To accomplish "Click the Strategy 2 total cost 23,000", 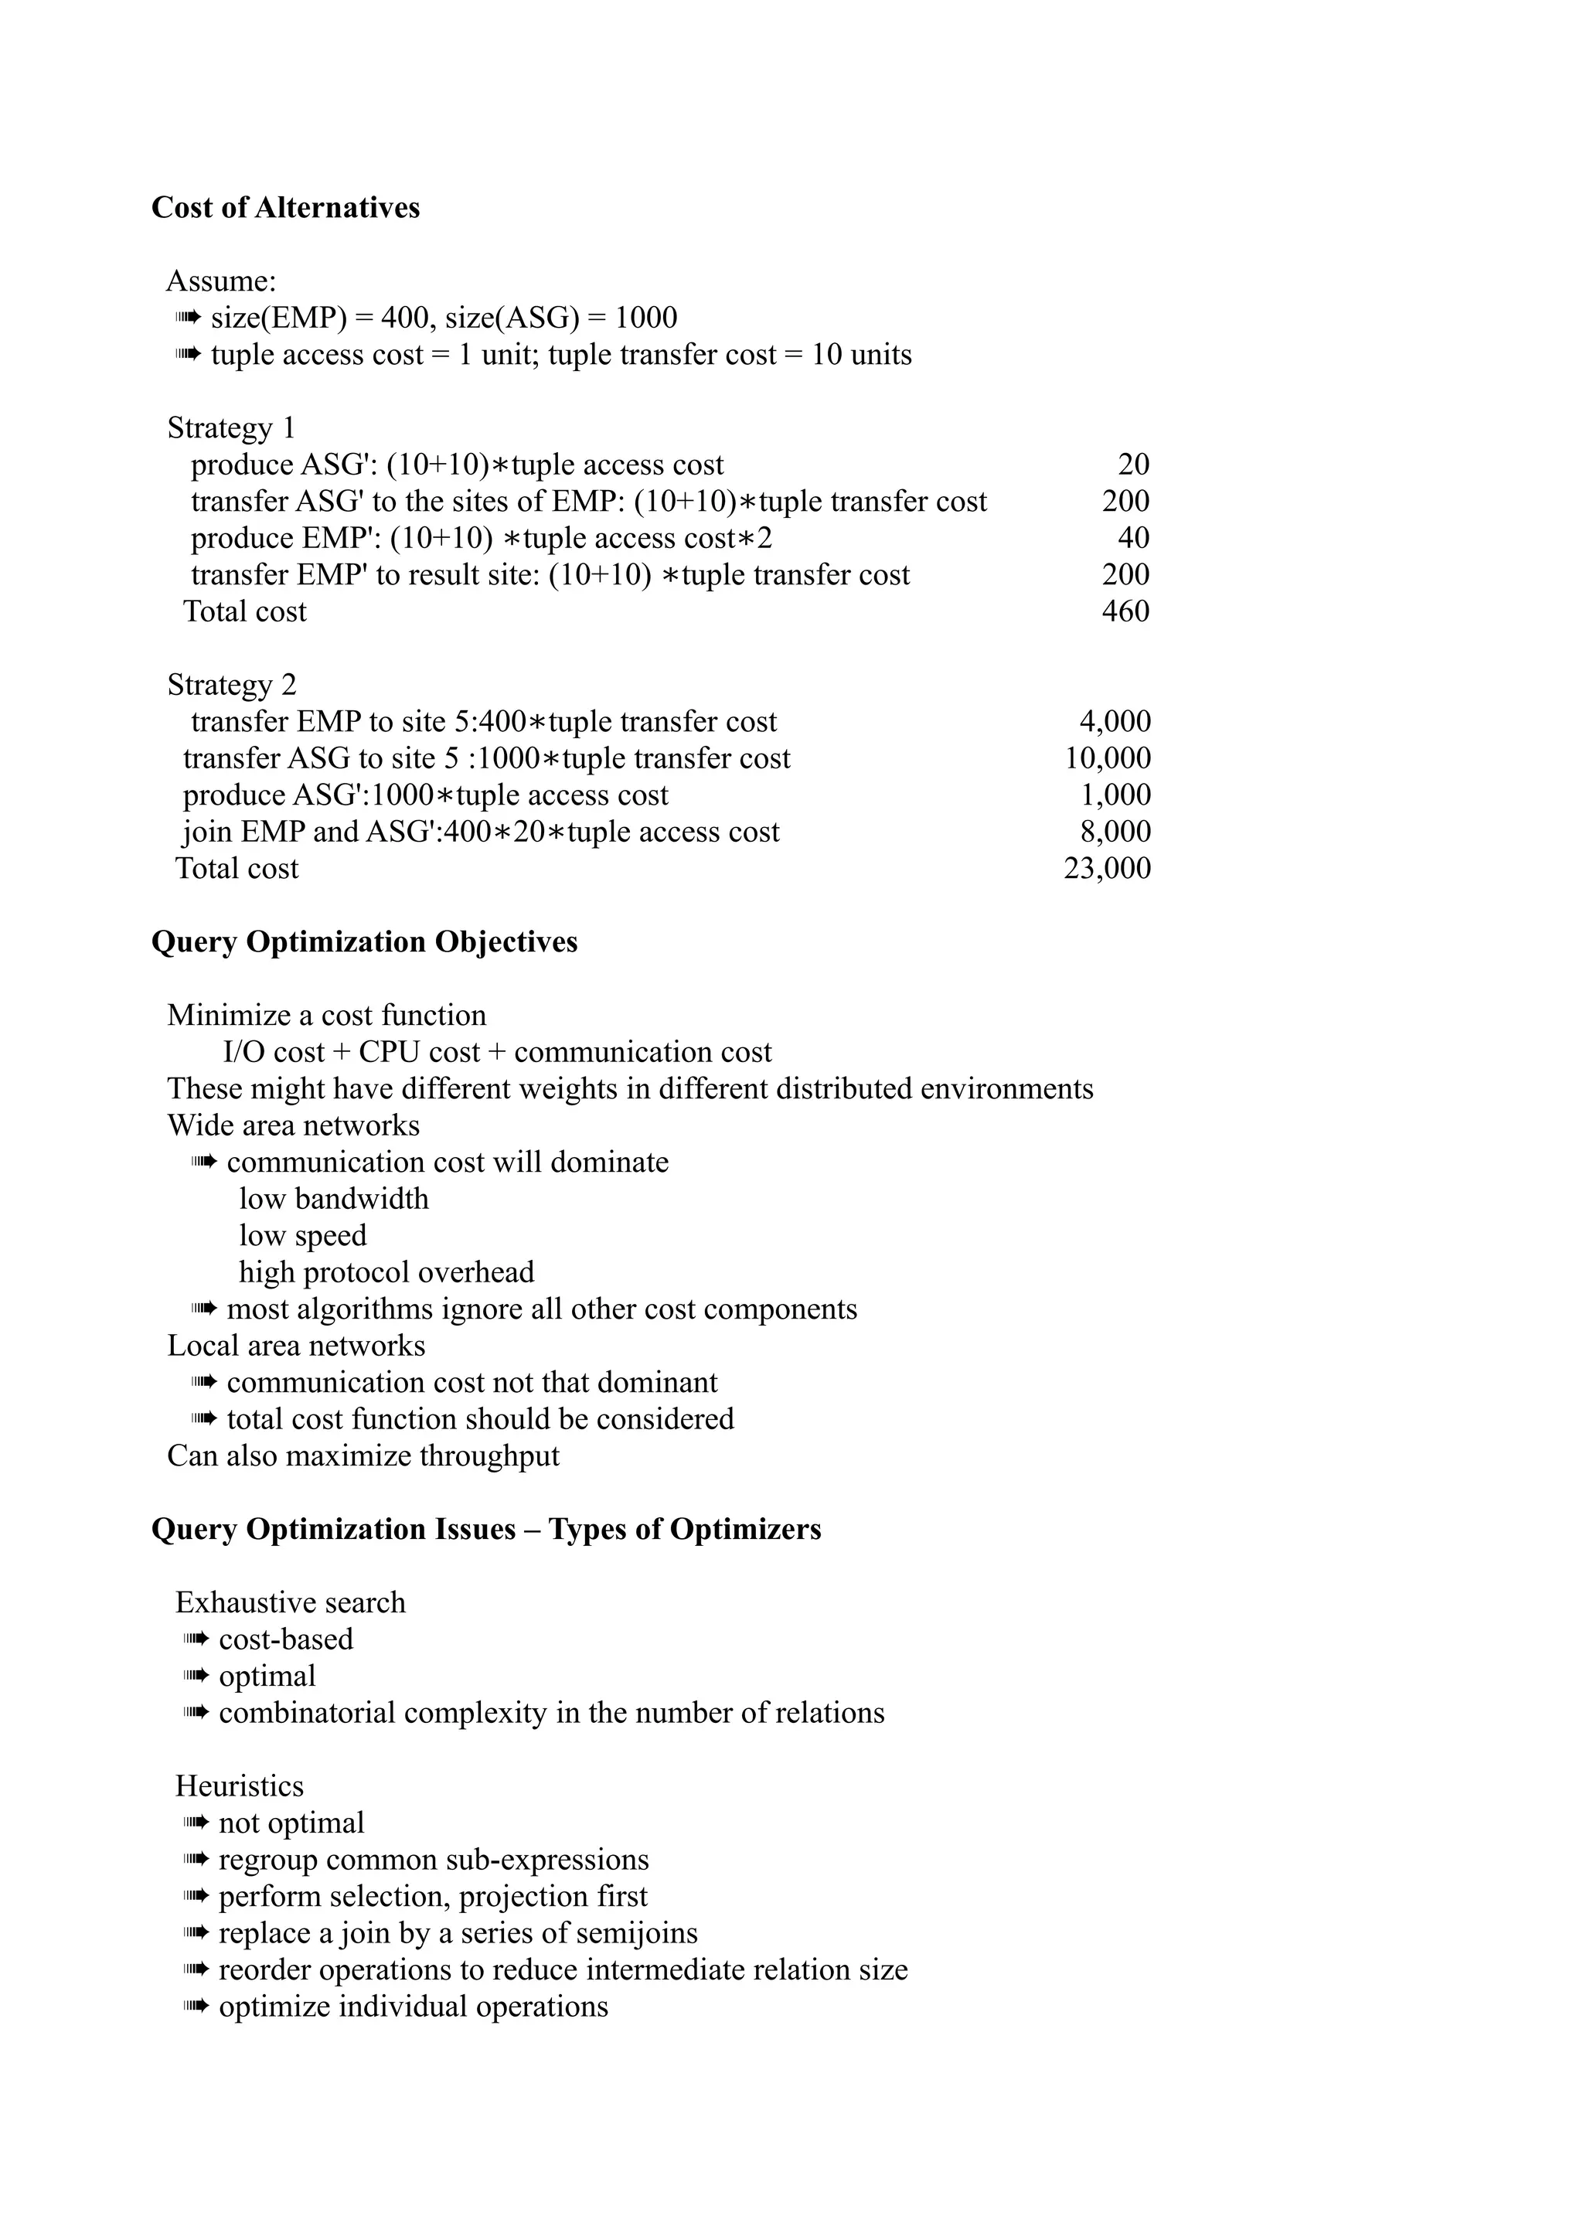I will click(x=1106, y=868).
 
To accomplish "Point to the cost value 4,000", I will click(x=1114, y=722).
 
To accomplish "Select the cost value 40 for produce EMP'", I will click(x=1132, y=539).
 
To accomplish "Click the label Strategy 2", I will click(x=231, y=685).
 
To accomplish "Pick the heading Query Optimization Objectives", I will click(x=364, y=942).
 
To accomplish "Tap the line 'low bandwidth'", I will click(x=334, y=1199).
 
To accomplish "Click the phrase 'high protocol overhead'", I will click(x=386, y=1272).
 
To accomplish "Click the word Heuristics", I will click(x=239, y=1786).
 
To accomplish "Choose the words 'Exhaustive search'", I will click(x=290, y=1603).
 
